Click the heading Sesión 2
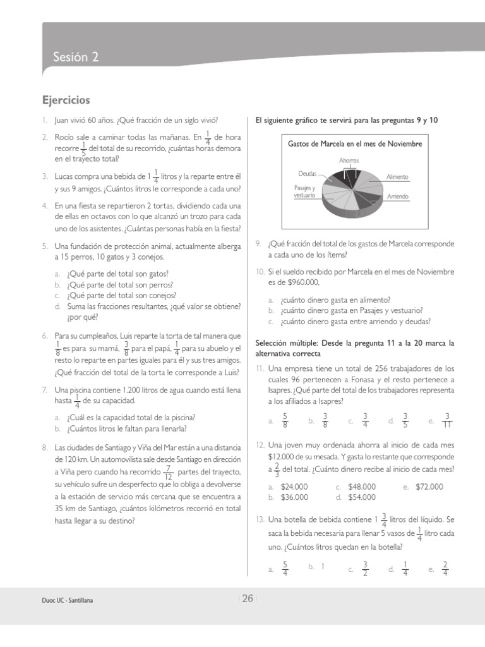tap(76, 57)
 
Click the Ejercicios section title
tap(66, 100)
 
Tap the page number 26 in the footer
tap(248, 599)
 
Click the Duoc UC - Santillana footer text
tap(63, 602)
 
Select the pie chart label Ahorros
tap(349, 160)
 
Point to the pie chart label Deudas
tap(308, 172)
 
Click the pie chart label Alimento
tap(398, 177)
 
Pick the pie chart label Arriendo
tap(398, 197)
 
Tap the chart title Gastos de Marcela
tap(354, 144)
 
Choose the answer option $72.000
tap(429, 487)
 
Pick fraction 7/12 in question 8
tap(167, 472)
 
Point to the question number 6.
tap(45, 336)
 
